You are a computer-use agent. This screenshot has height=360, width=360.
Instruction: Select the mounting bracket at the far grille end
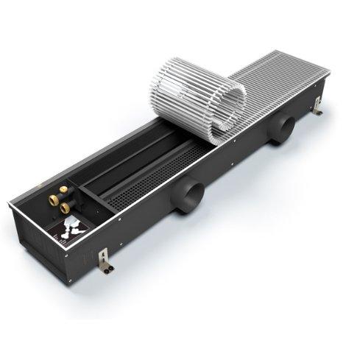pos(316,110)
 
